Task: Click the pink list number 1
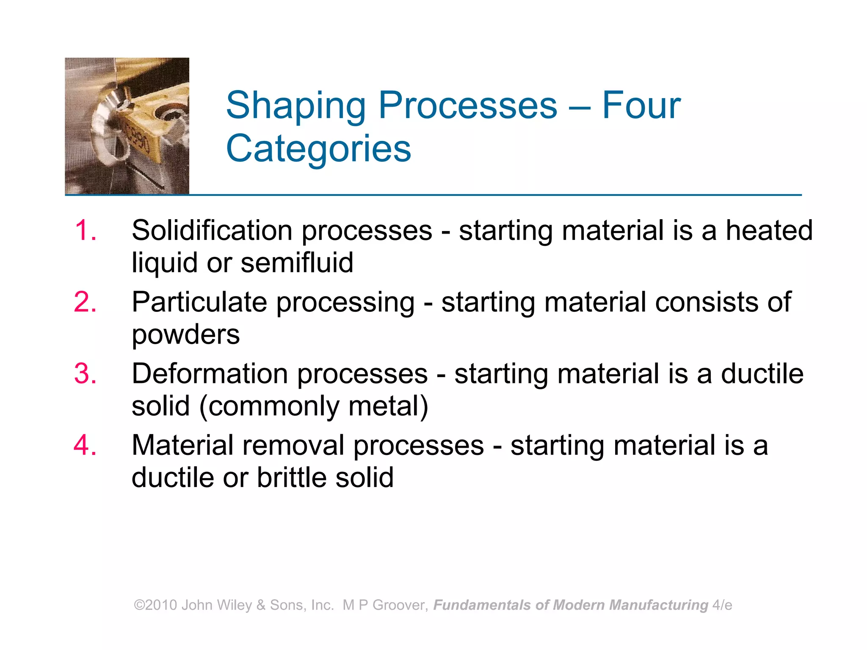coord(85,231)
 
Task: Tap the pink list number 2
coord(85,302)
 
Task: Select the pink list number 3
coord(85,374)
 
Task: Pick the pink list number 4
coord(85,445)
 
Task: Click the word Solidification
coord(212,231)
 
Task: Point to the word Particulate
coord(199,302)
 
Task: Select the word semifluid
coord(297,263)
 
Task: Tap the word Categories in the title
coord(318,149)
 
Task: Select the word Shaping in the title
coord(296,106)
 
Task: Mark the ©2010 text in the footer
coord(155,605)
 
